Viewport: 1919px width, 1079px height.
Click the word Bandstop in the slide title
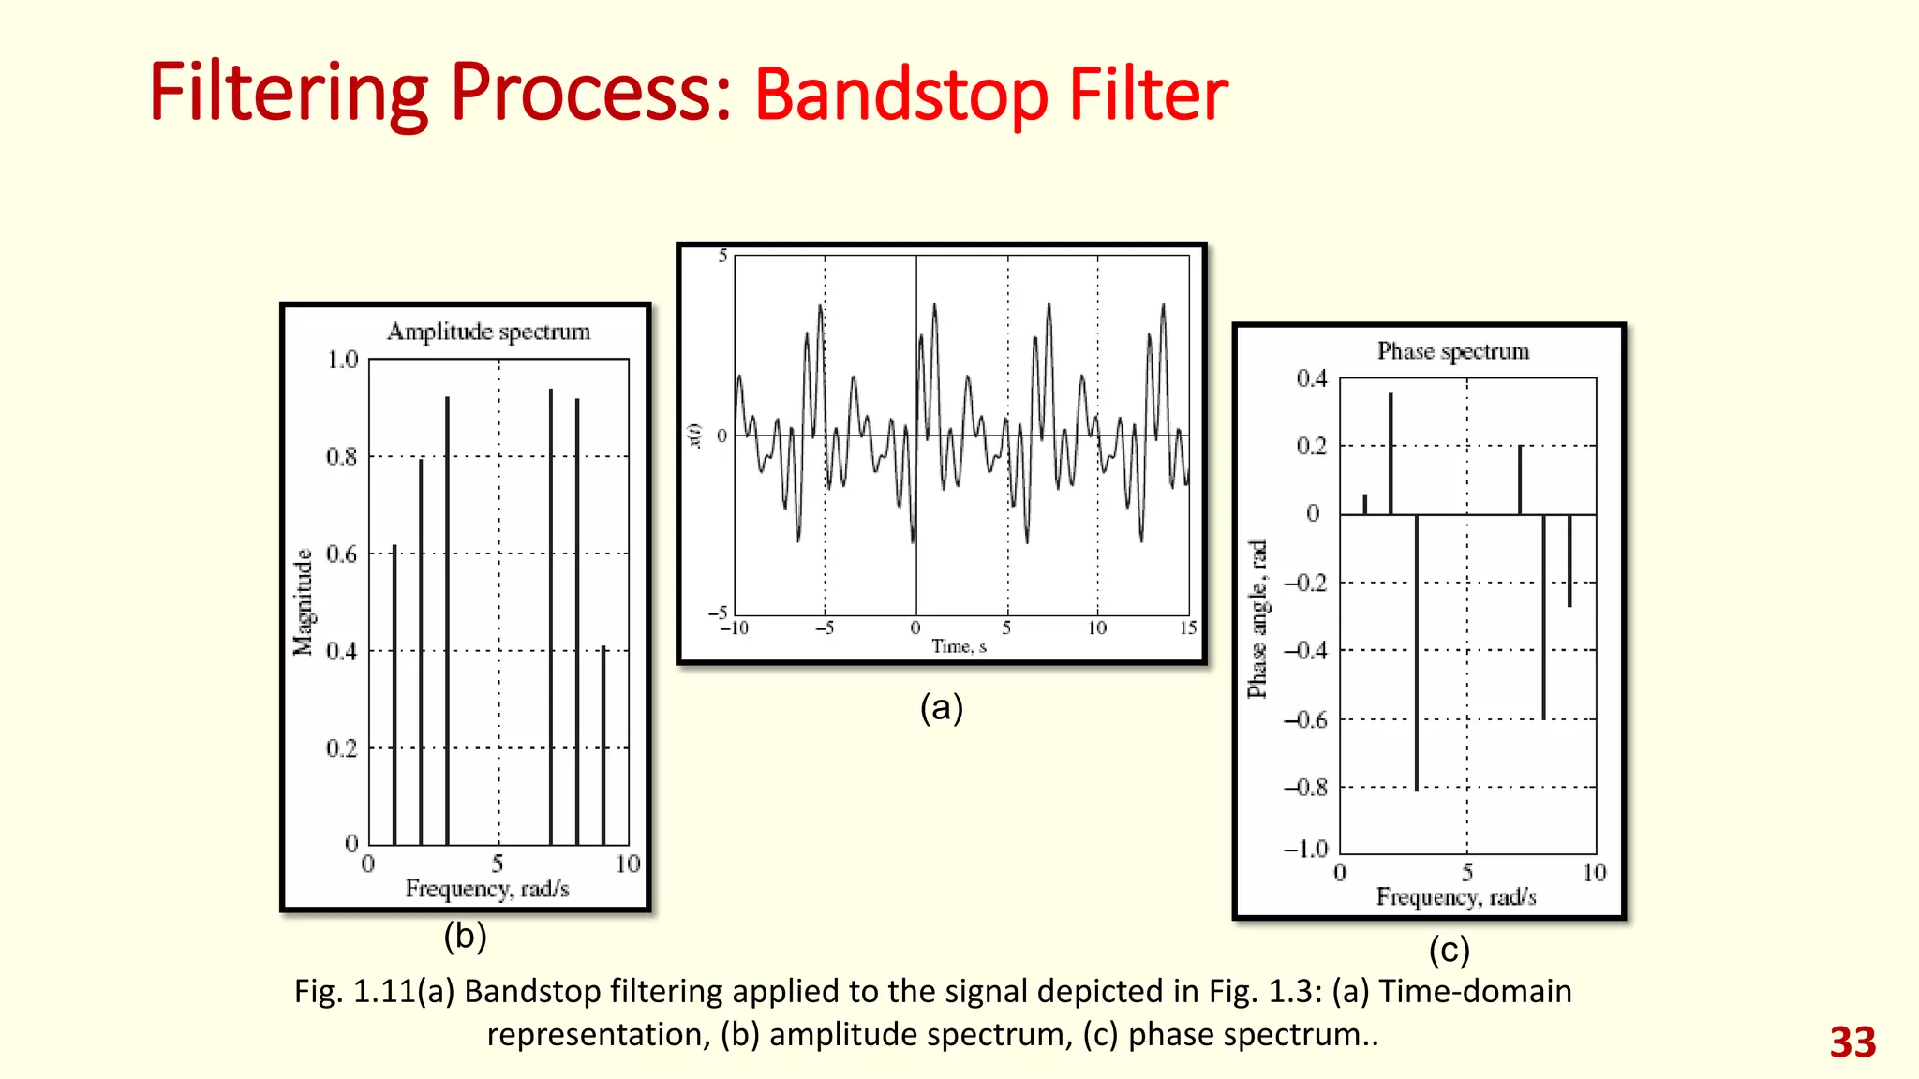(900, 96)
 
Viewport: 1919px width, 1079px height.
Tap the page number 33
(1852, 1042)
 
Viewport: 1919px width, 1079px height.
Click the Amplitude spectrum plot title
(488, 332)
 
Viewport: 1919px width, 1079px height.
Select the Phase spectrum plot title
(1452, 351)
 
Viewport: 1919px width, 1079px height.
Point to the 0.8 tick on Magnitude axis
(342, 457)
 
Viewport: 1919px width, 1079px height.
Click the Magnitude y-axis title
(303, 602)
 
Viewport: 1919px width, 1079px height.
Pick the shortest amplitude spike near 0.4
(603, 745)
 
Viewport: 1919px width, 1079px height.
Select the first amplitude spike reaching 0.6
(394, 693)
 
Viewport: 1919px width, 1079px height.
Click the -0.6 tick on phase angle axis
(1306, 720)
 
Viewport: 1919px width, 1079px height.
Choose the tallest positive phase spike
(1391, 454)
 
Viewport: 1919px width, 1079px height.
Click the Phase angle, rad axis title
(1257, 619)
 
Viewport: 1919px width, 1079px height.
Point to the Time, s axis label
(959, 646)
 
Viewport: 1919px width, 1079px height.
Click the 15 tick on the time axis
(1188, 628)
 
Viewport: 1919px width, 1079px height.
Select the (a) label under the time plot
(941, 707)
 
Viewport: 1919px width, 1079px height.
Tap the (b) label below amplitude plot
(465, 936)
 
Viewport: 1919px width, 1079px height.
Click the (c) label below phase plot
(1449, 951)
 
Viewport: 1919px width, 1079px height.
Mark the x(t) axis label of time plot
(695, 436)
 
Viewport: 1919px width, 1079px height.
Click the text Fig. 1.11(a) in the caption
(375, 991)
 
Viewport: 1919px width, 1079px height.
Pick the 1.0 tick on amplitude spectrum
(342, 360)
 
